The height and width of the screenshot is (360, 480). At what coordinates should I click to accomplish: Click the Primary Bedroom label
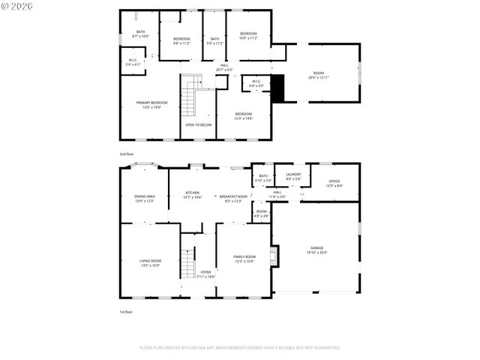coord(151,104)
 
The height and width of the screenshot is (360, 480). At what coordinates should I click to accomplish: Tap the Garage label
coord(318,249)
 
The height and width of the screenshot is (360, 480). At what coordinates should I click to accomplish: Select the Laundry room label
coord(293,176)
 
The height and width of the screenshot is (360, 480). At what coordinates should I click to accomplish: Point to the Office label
coord(334,182)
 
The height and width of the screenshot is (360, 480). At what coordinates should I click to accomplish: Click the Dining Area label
coord(145,197)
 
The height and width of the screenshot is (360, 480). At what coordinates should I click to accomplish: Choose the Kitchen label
coord(193,194)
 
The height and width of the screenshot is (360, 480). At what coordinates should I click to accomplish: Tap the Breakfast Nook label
coord(234,197)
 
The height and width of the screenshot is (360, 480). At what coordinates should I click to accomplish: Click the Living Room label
coord(150,262)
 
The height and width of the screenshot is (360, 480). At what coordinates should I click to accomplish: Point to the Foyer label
coord(205,274)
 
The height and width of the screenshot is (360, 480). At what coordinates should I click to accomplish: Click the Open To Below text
coord(199,124)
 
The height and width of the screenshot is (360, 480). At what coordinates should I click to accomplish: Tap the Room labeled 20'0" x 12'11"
coord(319,75)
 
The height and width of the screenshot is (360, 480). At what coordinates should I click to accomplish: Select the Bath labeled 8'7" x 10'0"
coord(141,34)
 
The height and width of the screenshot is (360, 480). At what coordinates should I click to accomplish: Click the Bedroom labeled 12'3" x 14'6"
coord(244,115)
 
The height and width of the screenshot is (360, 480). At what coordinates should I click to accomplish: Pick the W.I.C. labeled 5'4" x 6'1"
coord(132,63)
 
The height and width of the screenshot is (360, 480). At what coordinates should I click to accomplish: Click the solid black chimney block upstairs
coord(279,88)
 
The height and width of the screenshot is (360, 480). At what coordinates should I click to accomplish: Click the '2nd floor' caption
coord(126,153)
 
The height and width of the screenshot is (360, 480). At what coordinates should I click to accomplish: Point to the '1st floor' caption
coord(126,311)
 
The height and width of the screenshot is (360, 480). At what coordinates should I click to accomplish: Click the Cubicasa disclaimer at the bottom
coord(240,347)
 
